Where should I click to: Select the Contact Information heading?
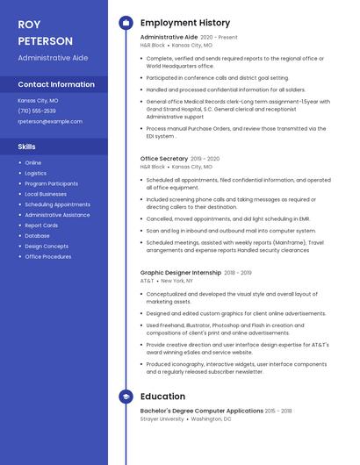pos(56,85)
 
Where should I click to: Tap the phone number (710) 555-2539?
pos(37,111)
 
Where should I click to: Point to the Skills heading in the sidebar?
pos(27,147)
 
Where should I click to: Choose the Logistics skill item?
pos(36,173)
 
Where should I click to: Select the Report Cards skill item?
pos(41,225)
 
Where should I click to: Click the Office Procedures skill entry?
pos(48,257)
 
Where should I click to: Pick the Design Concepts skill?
pos(47,247)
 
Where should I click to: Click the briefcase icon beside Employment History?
pos(126,23)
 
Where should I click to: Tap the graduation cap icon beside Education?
pos(126,397)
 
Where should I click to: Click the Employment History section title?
pos(185,23)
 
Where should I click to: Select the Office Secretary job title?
pos(164,159)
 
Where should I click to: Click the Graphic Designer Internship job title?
pos(181,273)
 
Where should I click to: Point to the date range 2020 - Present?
pos(219,38)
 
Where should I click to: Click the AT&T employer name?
pos(147,281)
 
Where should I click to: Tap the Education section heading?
pos(162,397)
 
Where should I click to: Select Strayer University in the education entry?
pos(162,418)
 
